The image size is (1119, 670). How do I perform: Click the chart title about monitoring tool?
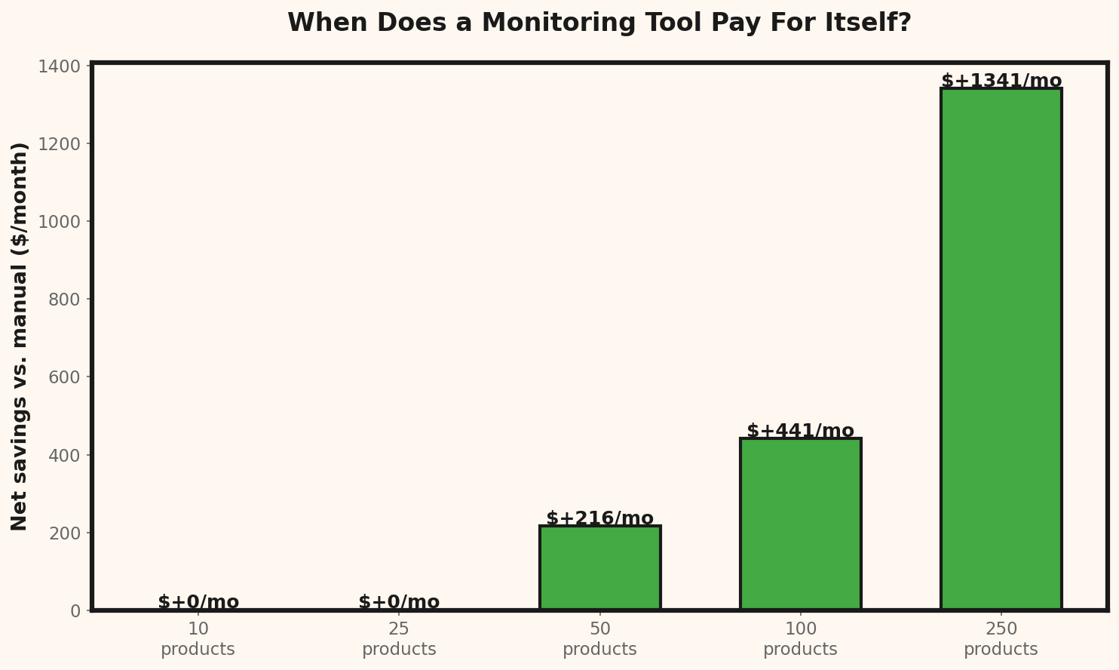click(x=599, y=23)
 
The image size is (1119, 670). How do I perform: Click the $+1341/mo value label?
click(x=1001, y=81)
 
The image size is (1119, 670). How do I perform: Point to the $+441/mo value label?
click(x=800, y=431)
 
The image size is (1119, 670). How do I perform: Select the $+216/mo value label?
click(x=599, y=518)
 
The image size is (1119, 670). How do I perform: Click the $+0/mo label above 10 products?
click(x=198, y=602)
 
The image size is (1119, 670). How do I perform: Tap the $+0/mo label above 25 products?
click(x=399, y=602)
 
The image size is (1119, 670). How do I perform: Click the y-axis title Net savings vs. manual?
click(x=20, y=337)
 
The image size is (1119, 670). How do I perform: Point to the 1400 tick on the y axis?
click(x=59, y=66)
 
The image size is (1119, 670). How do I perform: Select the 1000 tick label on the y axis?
click(x=59, y=222)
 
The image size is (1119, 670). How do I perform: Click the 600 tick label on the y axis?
click(x=64, y=377)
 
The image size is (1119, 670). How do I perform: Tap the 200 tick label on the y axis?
click(x=64, y=533)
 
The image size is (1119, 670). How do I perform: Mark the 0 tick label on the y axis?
click(x=75, y=610)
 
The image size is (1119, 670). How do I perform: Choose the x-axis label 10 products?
click(x=198, y=639)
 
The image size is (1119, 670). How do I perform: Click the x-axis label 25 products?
click(x=399, y=639)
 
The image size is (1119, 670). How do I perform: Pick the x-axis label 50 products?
click(x=599, y=639)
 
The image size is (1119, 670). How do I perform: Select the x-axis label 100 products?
click(x=800, y=639)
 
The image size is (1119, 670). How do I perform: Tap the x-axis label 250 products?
click(x=1001, y=639)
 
